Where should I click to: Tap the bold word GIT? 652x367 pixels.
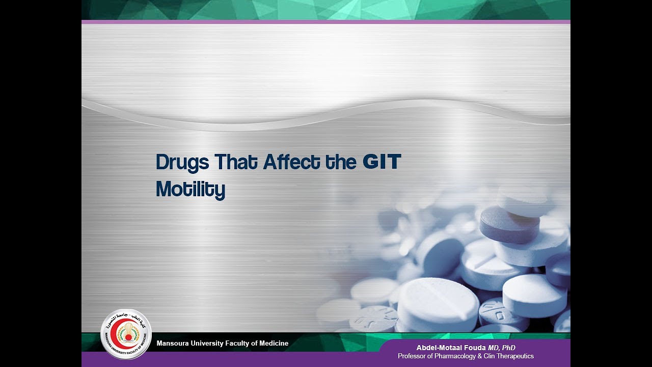click(x=382, y=162)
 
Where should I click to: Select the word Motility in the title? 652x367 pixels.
click(x=190, y=189)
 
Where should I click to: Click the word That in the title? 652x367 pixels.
click(x=236, y=162)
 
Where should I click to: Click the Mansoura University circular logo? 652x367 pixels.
click(x=126, y=334)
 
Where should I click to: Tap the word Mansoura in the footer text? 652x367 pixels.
click(x=173, y=344)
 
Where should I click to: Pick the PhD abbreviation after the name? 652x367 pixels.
click(x=508, y=348)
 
